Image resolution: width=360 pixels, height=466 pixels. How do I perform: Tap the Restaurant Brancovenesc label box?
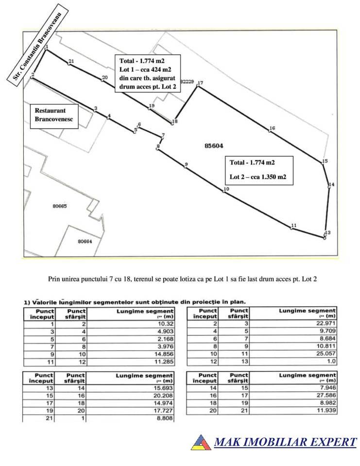pos(53,116)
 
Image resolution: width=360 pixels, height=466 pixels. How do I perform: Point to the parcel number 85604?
pos(214,145)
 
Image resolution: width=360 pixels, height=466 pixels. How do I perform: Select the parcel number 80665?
pos(59,206)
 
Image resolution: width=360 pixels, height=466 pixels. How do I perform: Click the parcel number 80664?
pos(85,241)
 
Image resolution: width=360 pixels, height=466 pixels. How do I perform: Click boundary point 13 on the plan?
pos(324,237)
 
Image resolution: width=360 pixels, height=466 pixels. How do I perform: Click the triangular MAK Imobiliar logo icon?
pos(200,442)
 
